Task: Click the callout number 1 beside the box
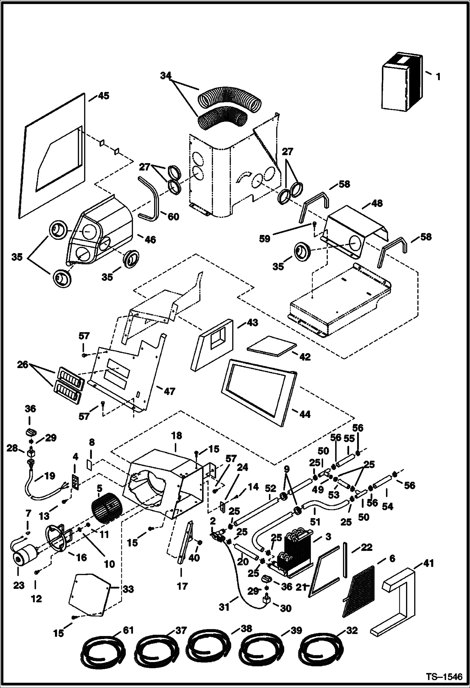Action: click(x=438, y=76)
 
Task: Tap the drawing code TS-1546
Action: click(x=444, y=677)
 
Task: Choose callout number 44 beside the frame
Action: click(x=305, y=414)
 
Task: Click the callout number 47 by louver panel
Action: click(x=169, y=391)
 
